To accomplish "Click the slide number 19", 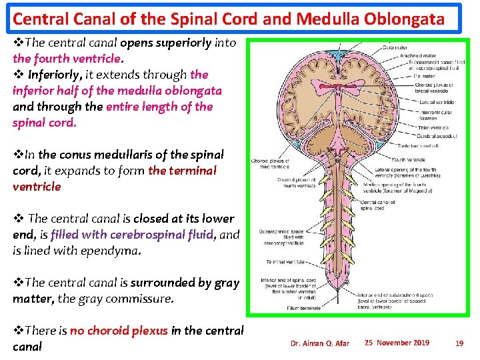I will click(x=459, y=343).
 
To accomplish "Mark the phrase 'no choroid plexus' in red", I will click(x=119, y=331).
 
